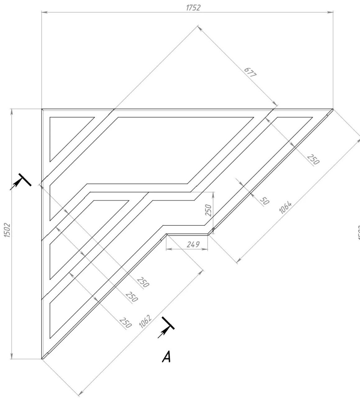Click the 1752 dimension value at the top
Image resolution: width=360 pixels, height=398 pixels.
(193, 8)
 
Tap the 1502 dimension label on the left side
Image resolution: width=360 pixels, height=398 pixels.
(7, 230)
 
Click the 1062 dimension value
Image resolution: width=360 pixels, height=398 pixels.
(145, 322)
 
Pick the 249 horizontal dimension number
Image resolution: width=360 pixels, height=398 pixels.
(193, 244)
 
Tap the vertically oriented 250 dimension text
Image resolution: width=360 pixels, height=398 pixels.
(208, 211)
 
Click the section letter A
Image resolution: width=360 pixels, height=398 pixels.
(166, 357)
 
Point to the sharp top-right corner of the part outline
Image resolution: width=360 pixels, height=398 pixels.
(333, 109)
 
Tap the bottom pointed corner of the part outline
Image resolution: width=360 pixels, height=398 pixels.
(42, 359)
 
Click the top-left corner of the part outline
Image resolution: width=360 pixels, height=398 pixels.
(42, 109)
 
